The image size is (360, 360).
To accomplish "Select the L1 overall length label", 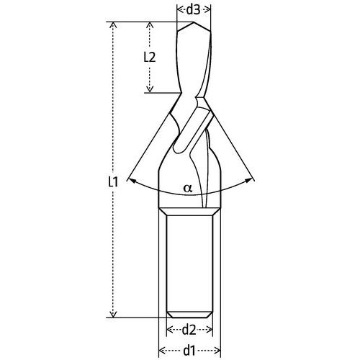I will click(x=112, y=182).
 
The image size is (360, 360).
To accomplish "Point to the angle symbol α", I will click(x=188, y=189).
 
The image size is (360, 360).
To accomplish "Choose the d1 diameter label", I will click(x=189, y=351).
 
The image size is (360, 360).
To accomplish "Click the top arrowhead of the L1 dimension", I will click(x=112, y=24).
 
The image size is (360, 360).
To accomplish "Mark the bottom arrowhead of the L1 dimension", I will click(x=112, y=313).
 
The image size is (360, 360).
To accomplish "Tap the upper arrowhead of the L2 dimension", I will click(x=150, y=24).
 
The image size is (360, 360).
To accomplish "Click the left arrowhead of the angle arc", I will click(x=127, y=180).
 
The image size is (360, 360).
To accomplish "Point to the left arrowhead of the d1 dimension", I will click(x=161, y=351).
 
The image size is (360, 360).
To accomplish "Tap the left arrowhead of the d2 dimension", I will click(x=169, y=330).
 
